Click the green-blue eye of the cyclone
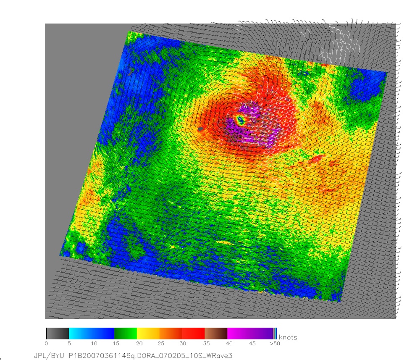pos(241,121)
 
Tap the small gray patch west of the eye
pos(201,129)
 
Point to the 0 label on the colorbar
pos(46,344)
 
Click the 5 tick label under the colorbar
pos(68,344)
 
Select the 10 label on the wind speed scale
pos(91,344)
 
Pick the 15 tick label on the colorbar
pos(114,344)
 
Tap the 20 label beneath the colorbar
pos(137,344)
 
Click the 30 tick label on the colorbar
pos(182,344)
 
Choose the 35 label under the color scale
pos(205,344)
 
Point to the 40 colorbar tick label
pos(228,344)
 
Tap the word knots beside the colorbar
pos(288,337)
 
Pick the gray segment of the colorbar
pos(58,333)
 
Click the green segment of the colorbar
pos(126,333)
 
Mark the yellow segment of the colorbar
pos(148,333)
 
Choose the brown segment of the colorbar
pos(216,333)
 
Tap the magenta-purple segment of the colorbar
pos(250,333)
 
